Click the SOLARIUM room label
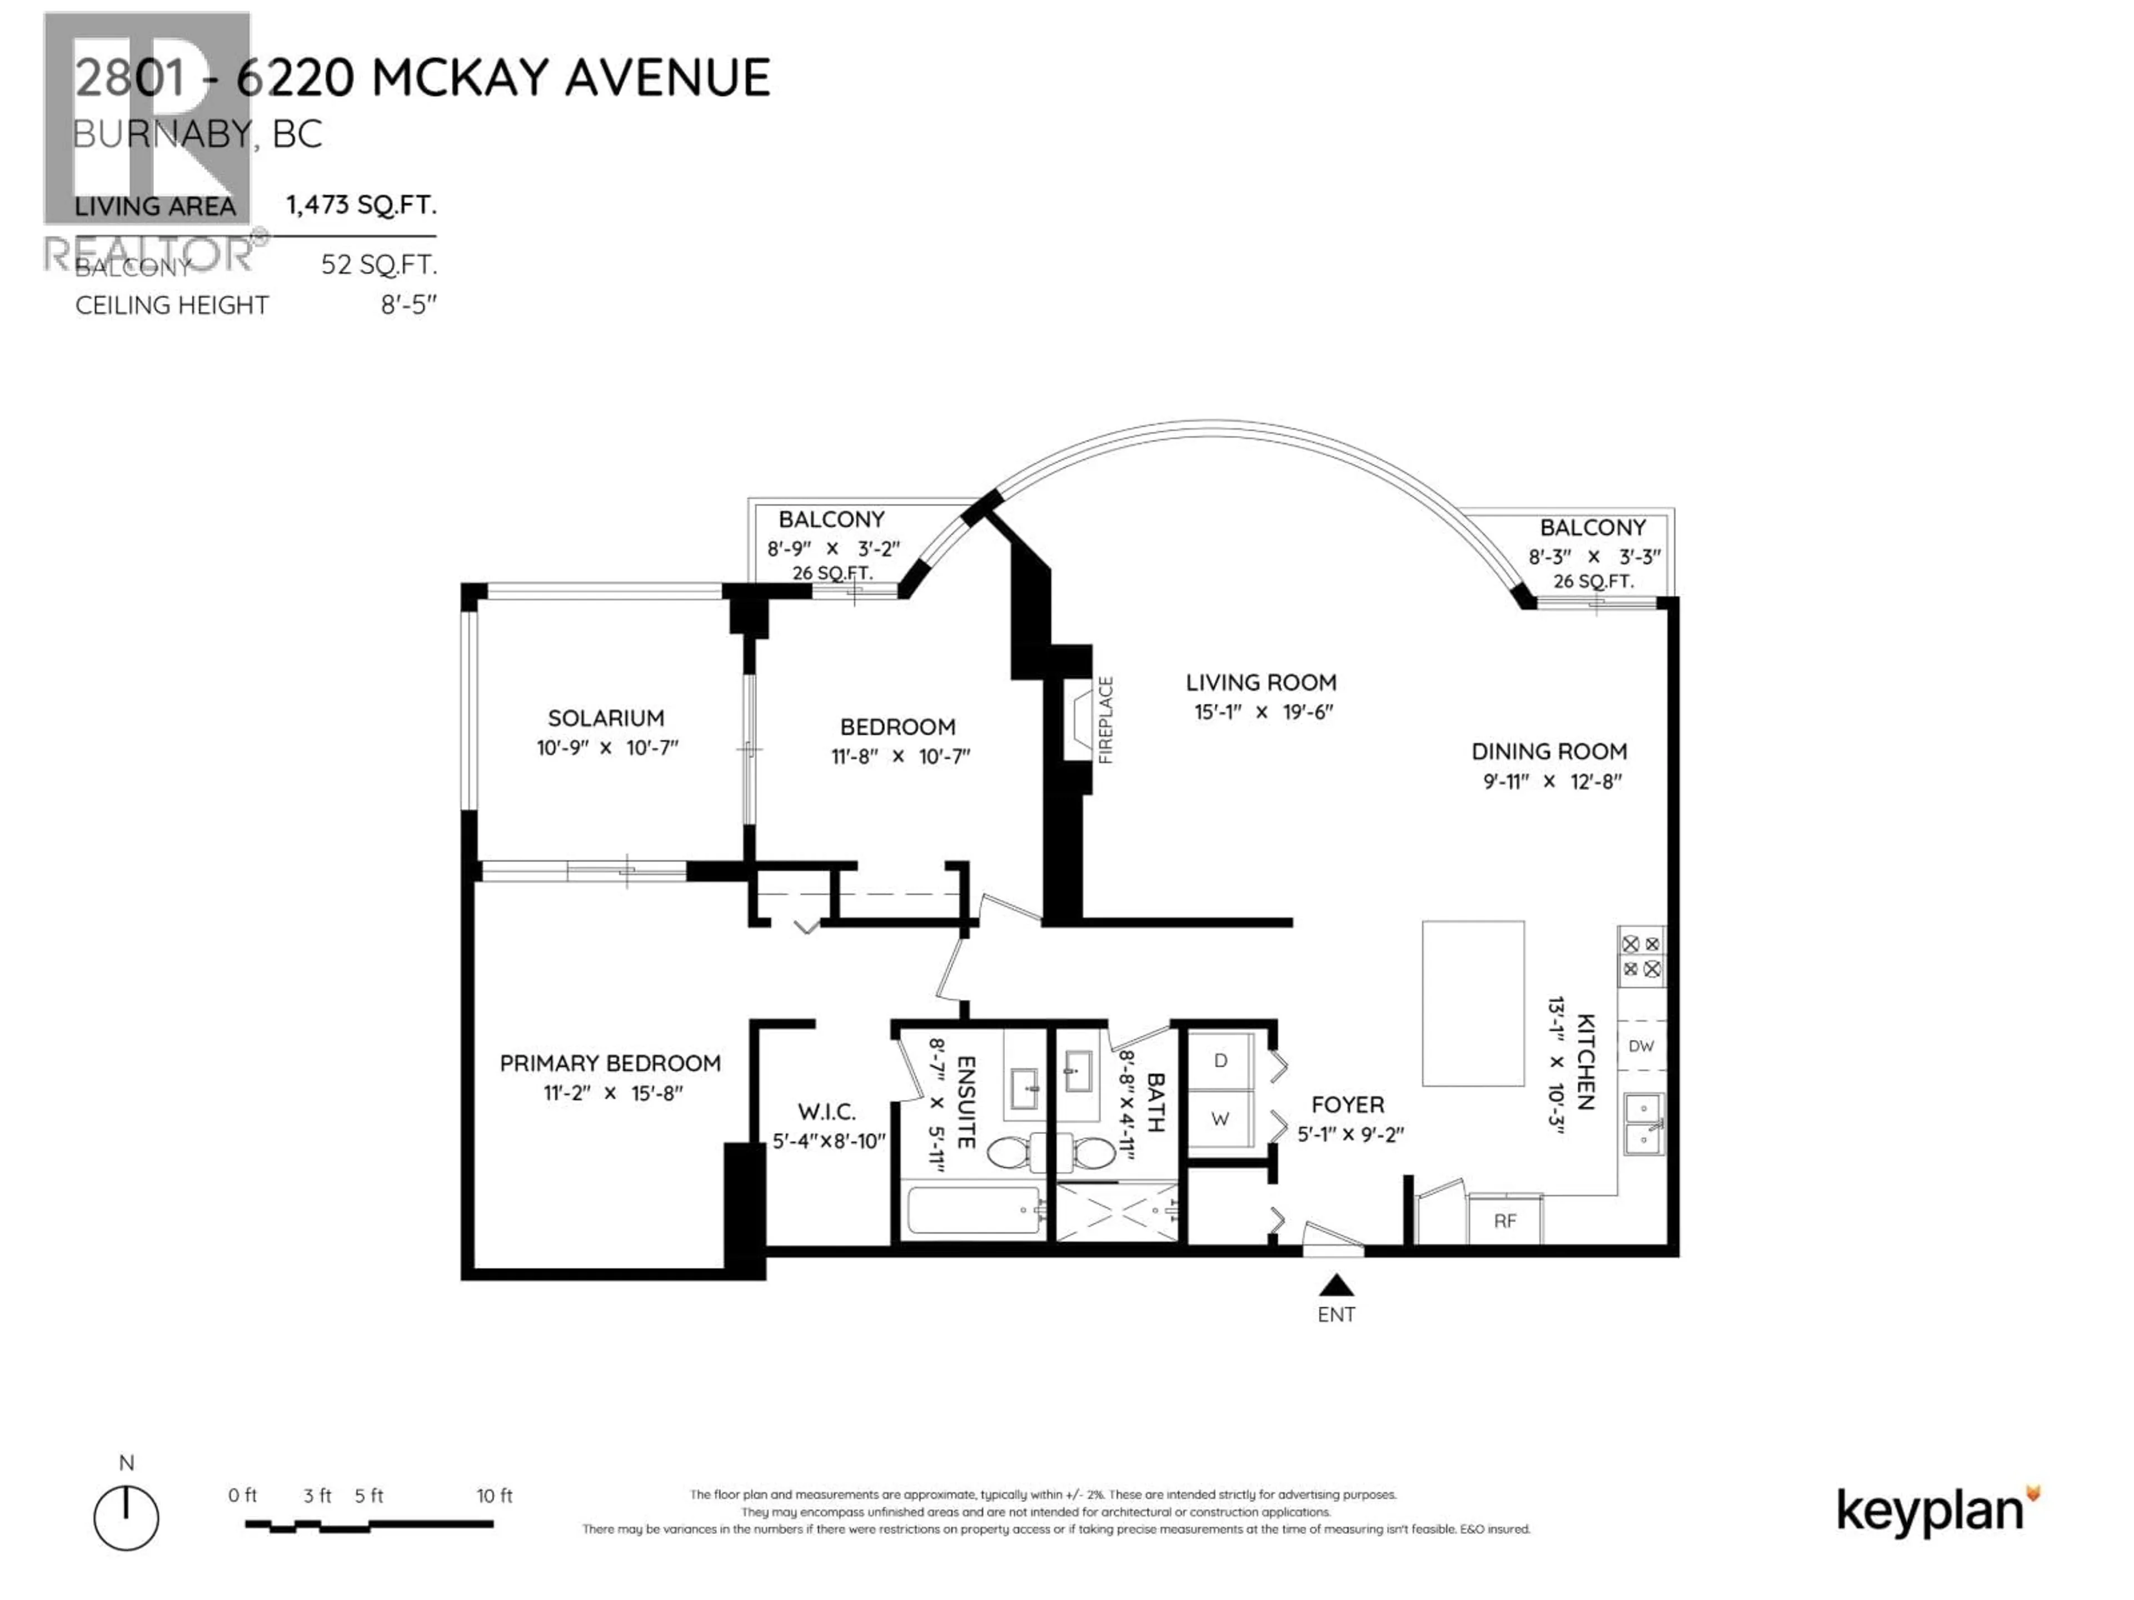point(606,718)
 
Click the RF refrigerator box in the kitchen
point(1505,1221)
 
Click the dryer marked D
point(1220,1061)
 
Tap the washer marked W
point(1220,1119)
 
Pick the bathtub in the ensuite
point(974,1211)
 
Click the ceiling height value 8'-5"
point(409,305)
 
